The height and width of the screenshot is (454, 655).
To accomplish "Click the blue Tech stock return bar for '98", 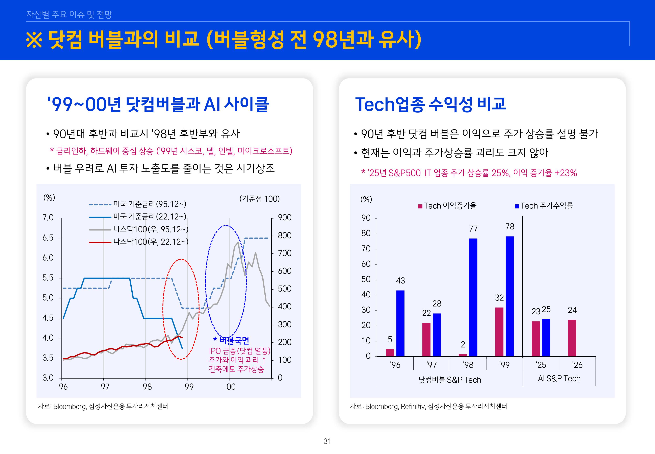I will pyautogui.click(x=473, y=297).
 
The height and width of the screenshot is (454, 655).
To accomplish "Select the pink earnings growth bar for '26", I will pyautogui.click(x=572, y=338).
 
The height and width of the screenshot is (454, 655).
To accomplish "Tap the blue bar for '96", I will pyautogui.click(x=400, y=323).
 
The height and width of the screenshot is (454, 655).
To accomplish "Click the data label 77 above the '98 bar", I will pyautogui.click(x=473, y=229).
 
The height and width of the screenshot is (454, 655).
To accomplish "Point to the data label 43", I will pyautogui.click(x=400, y=281).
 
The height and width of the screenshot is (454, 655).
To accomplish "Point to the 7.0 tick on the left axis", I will pyautogui.click(x=48, y=218).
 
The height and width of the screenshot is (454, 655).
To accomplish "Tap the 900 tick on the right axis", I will pyautogui.click(x=285, y=218).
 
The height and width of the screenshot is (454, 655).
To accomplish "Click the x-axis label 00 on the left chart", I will pyautogui.click(x=231, y=387).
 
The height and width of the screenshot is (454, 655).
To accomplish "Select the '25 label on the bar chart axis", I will pyautogui.click(x=541, y=365).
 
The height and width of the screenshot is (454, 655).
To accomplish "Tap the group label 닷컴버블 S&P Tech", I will pyautogui.click(x=450, y=380).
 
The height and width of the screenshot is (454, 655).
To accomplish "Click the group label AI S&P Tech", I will pyautogui.click(x=559, y=379).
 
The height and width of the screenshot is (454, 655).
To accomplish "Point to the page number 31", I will pyautogui.click(x=327, y=441).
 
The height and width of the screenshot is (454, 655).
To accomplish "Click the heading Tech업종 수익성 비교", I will pyautogui.click(x=431, y=104).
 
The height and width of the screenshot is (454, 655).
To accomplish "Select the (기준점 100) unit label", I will pyautogui.click(x=259, y=199).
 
